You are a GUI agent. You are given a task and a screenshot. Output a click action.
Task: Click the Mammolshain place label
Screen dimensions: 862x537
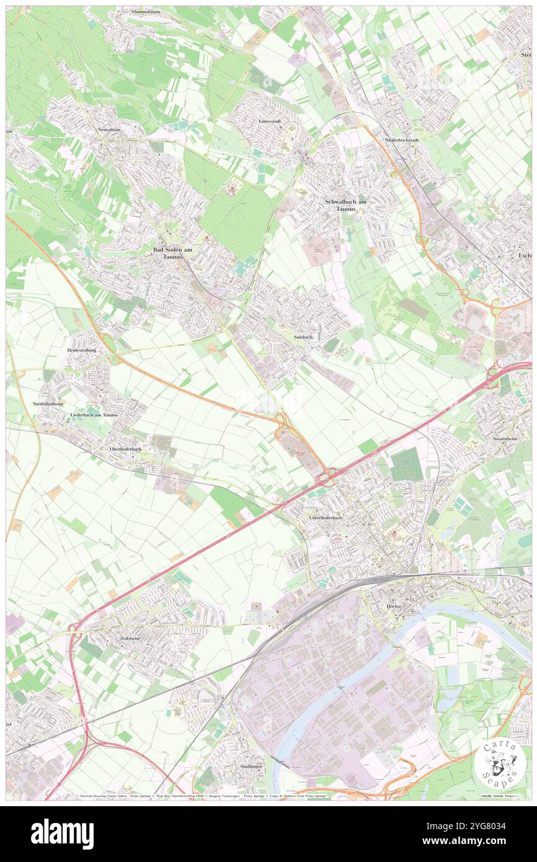tap(146, 12)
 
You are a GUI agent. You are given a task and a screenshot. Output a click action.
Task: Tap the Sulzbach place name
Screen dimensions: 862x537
tap(303, 337)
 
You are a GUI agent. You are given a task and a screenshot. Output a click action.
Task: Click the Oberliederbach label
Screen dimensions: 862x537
tap(125, 448)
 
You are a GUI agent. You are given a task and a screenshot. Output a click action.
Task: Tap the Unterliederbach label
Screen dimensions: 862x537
tap(325, 517)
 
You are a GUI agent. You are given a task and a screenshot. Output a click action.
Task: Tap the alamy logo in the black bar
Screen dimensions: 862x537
tap(62, 833)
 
